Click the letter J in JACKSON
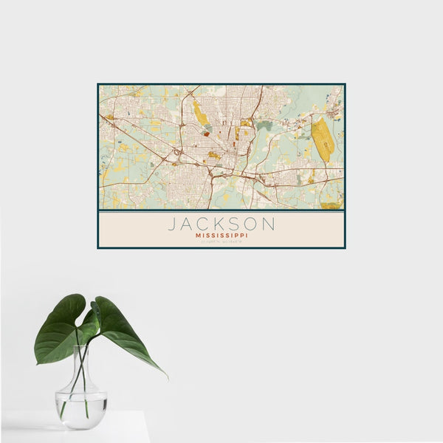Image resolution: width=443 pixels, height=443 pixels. pyautogui.click(x=172, y=224)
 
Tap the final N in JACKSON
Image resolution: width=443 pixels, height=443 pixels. pyautogui.click(x=269, y=224)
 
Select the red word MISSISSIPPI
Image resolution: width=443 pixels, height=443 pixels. pyautogui.click(x=221, y=236)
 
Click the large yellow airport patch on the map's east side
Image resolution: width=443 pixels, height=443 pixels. pyautogui.click(x=322, y=140)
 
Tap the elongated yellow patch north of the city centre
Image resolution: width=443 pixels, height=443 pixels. pyautogui.click(x=200, y=114)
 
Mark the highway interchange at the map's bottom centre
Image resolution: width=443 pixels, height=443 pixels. pyautogui.click(x=212, y=177)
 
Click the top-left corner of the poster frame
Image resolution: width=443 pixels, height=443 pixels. pyautogui.click(x=98, y=84)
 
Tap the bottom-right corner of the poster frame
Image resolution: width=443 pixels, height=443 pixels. pyautogui.click(x=345, y=248)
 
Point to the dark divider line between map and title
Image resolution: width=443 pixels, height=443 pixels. pyautogui.click(x=221, y=210)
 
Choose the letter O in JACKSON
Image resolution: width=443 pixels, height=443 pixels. pyautogui.click(x=253, y=224)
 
